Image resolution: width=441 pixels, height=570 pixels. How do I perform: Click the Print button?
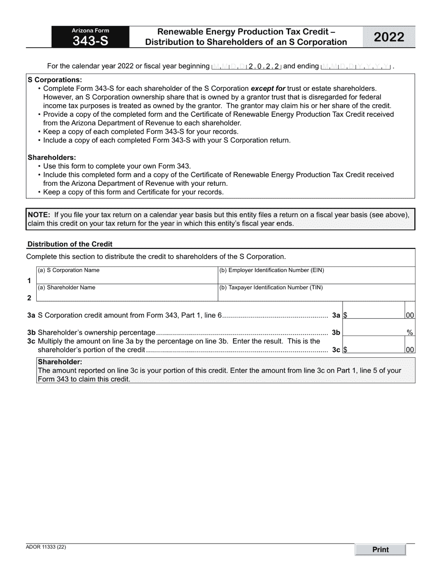point(380,550)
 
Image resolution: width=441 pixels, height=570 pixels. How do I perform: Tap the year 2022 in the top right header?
point(389,37)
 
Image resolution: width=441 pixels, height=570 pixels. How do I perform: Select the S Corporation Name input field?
point(127,278)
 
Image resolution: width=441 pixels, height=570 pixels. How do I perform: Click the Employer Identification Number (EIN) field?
point(316,278)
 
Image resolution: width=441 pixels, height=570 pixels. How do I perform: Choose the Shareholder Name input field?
point(127,296)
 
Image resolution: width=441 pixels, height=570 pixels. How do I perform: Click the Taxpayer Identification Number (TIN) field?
point(316,296)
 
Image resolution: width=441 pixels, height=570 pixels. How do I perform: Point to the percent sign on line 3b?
point(410,333)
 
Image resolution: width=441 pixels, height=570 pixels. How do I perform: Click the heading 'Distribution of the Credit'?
point(70,244)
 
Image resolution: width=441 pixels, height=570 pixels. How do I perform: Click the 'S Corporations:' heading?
point(55,80)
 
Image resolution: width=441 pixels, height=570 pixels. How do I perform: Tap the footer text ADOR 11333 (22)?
point(46,547)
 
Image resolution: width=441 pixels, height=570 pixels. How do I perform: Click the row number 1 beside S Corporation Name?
point(29,281)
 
